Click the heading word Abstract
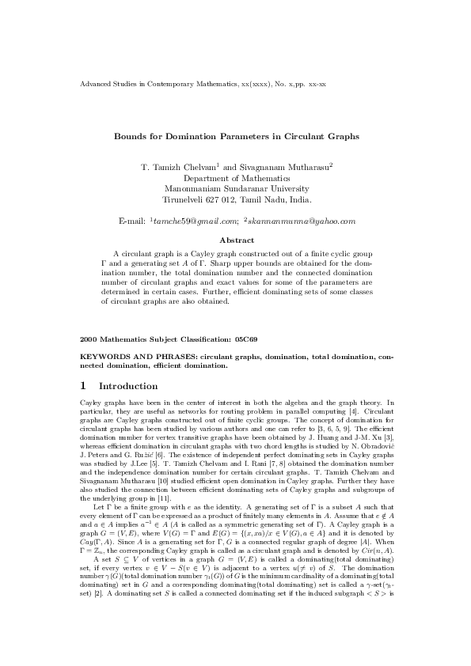[235, 240]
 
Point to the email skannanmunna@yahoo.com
[302, 219]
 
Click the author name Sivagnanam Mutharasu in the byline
[284, 168]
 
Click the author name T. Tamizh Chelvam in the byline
[186, 168]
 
